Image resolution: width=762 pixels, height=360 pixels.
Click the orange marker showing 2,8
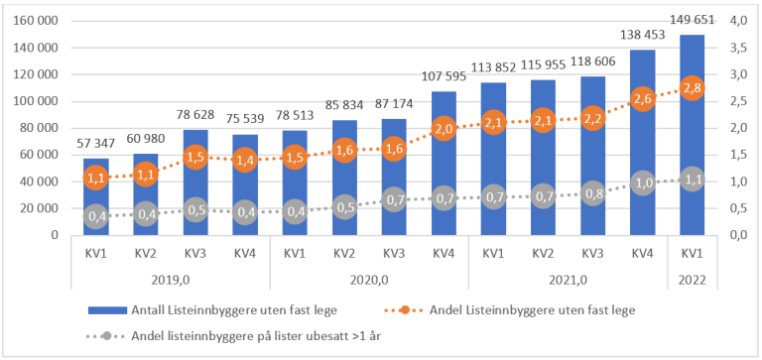coord(692,88)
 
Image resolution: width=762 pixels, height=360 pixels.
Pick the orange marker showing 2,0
coord(444,129)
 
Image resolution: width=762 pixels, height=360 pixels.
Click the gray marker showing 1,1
coord(692,180)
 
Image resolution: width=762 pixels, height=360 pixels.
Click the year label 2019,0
coord(170,281)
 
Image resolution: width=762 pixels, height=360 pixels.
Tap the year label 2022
coord(692,281)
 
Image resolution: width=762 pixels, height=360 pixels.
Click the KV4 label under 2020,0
coord(444,253)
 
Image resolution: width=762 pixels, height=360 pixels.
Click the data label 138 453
coord(642,34)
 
